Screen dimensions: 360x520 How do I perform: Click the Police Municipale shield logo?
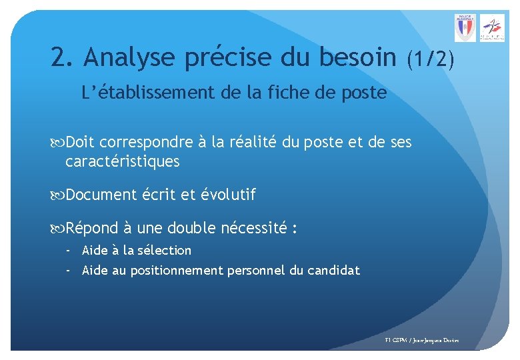(x=465, y=28)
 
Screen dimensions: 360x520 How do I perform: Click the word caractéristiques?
(x=123, y=161)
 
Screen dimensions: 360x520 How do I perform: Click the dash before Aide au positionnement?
(x=69, y=271)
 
